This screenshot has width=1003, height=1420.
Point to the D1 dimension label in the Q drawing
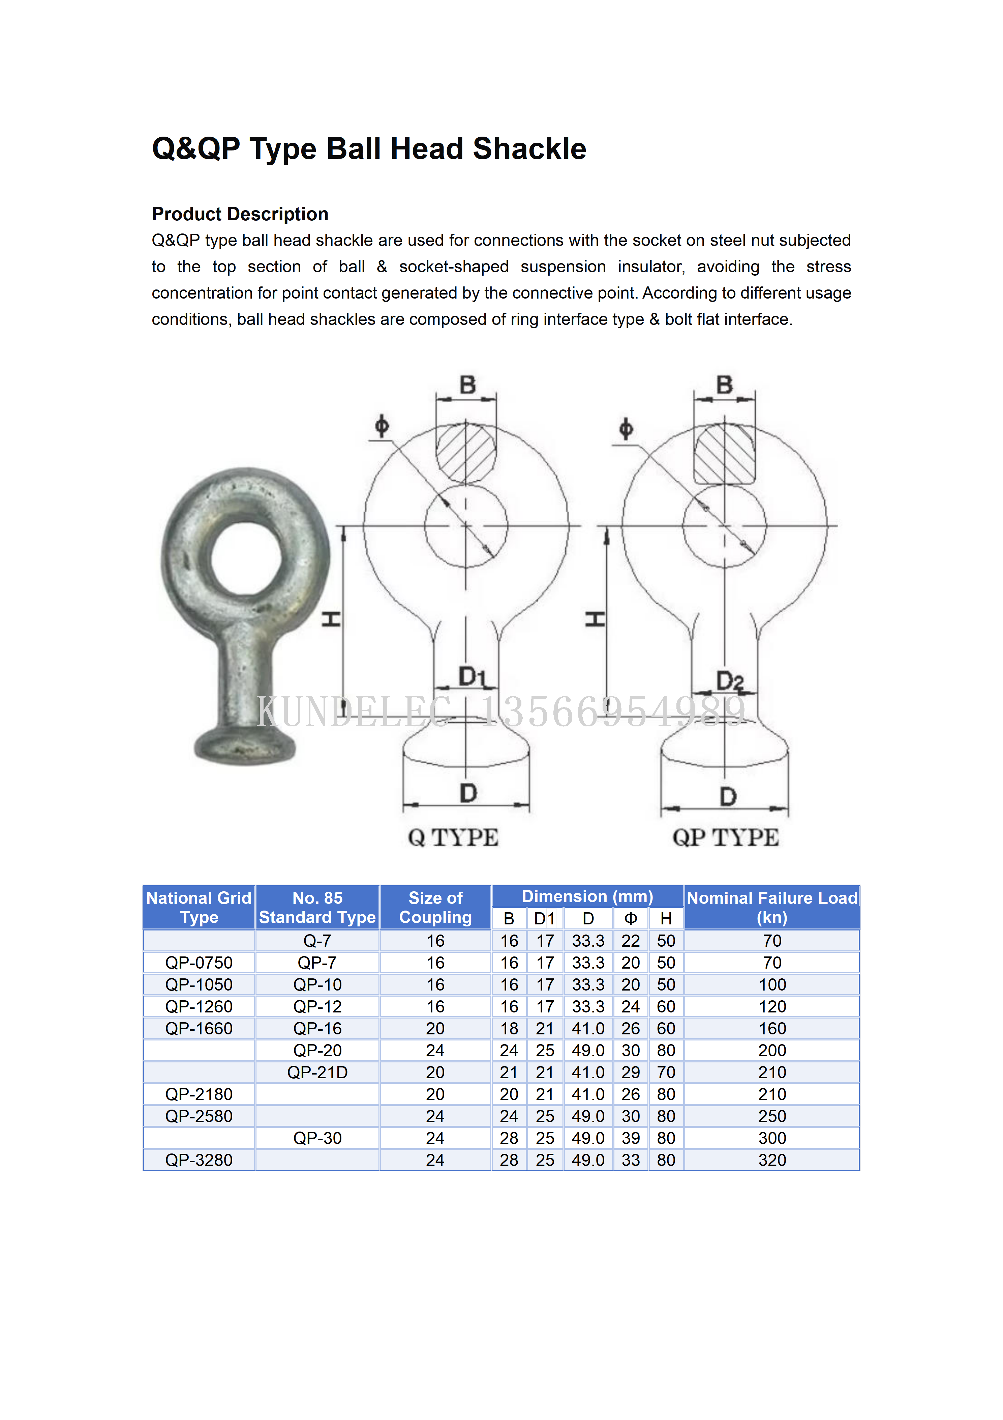472,677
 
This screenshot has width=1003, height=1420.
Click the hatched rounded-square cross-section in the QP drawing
724,454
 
